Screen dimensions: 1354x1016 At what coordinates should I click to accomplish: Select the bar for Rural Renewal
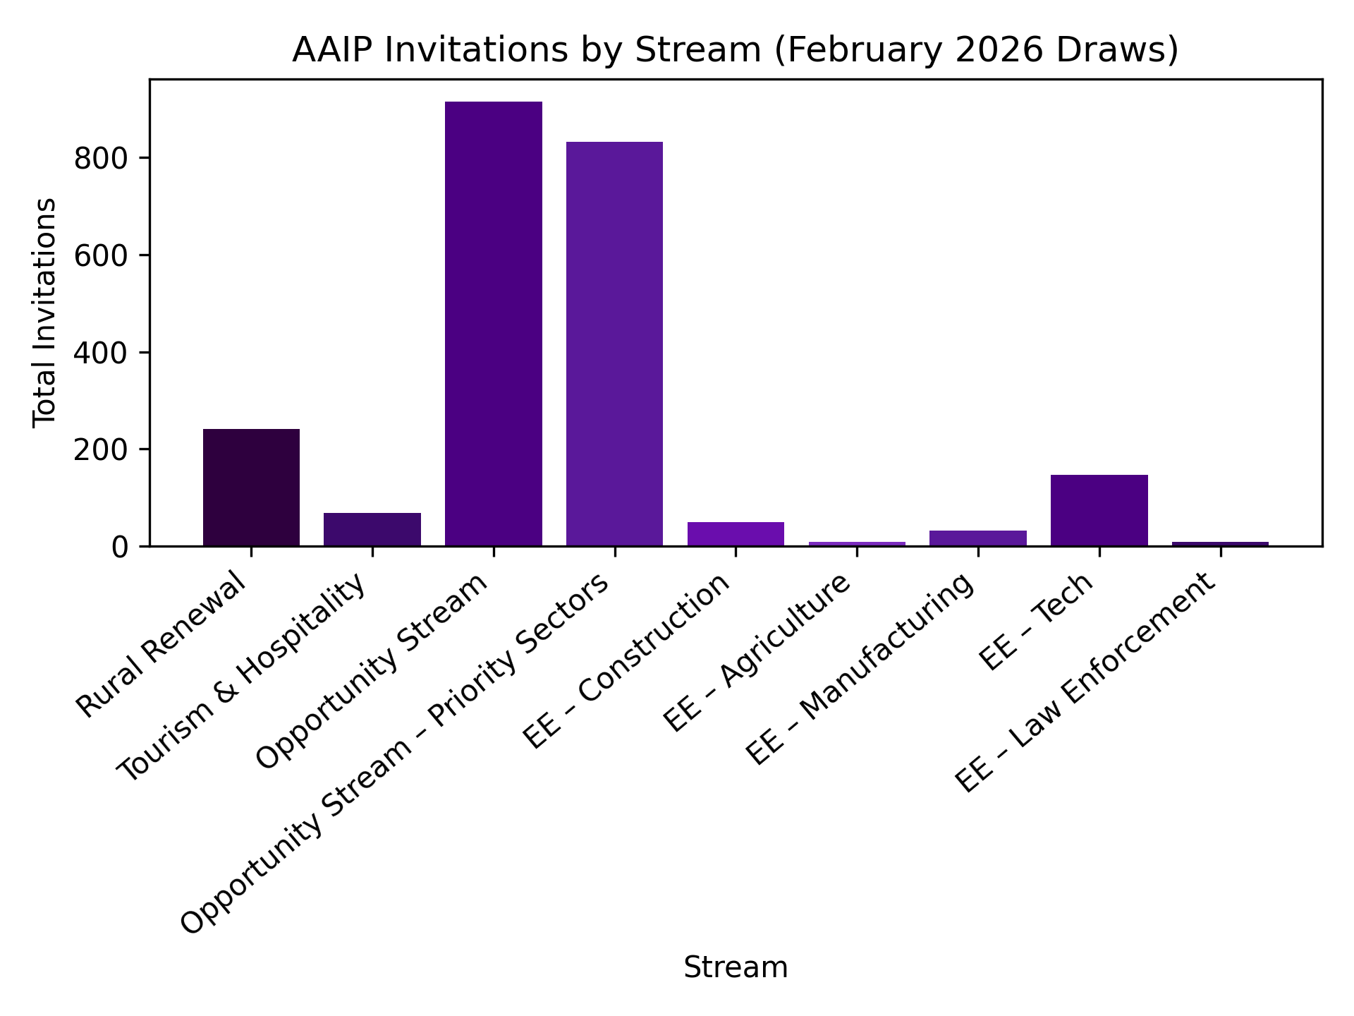click(x=251, y=488)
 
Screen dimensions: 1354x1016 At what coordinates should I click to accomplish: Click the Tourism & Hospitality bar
click(x=372, y=529)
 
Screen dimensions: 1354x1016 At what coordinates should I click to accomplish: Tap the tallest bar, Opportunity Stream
click(x=494, y=324)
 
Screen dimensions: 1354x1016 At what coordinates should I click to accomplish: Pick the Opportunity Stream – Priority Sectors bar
click(x=614, y=344)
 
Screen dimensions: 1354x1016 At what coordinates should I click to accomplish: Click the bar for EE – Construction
click(x=736, y=534)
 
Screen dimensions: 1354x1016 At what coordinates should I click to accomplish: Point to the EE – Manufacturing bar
click(x=978, y=538)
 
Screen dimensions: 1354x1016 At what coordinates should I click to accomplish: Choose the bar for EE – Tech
click(x=1099, y=511)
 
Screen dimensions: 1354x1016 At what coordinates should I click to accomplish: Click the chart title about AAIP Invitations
click(x=736, y=50)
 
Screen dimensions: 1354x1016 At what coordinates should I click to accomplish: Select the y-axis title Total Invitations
click(x=44, y=313)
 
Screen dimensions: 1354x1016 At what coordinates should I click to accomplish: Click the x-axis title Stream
click(x=736, y=967)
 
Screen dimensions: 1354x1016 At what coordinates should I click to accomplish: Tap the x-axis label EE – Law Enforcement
click(x=1086, y=682)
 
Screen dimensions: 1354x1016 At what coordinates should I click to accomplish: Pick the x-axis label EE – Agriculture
click(x=758, y=653)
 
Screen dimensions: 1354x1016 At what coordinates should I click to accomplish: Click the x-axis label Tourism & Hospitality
click(x=243, y=677)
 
